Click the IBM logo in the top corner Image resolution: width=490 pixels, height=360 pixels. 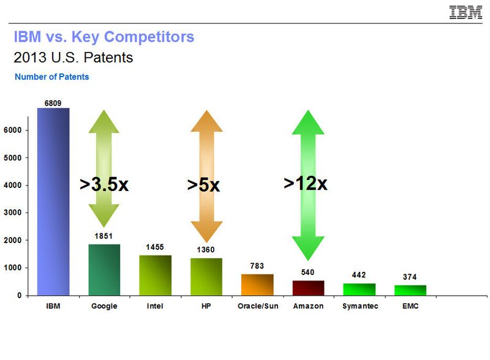(466, 12)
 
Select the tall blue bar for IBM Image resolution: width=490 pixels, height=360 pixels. (53, 202)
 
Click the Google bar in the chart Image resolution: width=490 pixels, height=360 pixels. (104, 270)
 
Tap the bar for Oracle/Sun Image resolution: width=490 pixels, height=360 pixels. (257, 285)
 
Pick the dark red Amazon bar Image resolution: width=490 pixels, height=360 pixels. (308, 288)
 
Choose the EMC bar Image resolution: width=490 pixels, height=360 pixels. (410, 290)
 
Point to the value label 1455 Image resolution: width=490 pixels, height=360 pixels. (156, 247)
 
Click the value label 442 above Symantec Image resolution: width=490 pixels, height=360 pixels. (359, 275)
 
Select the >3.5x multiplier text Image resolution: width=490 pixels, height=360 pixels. (104, 185)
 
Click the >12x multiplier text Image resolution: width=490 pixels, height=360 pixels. (306, 182)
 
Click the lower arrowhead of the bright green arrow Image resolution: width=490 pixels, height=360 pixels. (307, 248)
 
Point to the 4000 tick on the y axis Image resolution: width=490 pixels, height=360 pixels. (14, 186)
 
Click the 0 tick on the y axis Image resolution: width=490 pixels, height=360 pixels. (20, 296)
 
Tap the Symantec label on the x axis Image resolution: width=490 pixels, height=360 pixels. (359, 306)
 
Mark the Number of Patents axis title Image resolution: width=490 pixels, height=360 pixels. (52, 77)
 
